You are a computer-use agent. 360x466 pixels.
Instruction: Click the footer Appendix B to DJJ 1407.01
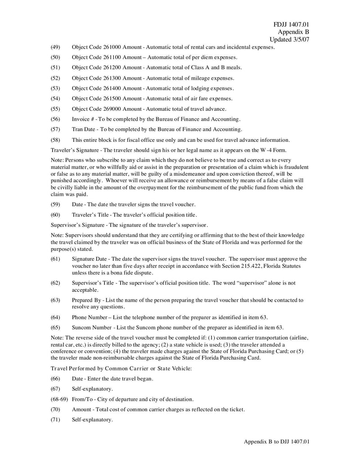277,442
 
